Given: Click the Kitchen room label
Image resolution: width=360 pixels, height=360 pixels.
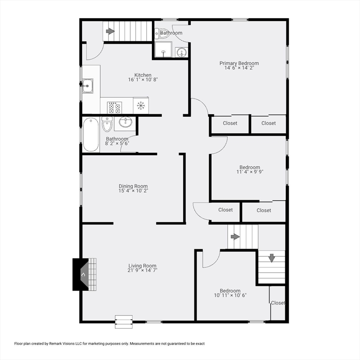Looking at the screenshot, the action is [x=143, y=75].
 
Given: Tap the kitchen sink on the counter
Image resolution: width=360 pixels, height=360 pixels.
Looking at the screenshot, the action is [x=88, y=86].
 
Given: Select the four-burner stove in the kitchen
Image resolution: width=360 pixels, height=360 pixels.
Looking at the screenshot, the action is [x=114, y=108].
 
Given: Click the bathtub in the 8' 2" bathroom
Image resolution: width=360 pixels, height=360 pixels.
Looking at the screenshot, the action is [x=91, y=135].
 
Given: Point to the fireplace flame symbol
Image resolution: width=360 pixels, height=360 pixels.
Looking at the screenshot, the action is [x=83, y=275].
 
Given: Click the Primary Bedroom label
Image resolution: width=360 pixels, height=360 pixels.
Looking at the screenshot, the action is [x=239, y=63].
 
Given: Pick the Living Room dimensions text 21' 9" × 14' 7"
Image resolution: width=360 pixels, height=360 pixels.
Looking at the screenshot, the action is [x=142, y=270].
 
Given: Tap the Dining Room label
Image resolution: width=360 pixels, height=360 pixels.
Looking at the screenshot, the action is [x=133, y=186].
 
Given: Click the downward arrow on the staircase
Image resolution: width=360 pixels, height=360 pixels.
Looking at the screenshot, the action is [x=271, y=258].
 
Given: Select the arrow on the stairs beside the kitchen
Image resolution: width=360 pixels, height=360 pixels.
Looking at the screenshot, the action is [x=110, y=31].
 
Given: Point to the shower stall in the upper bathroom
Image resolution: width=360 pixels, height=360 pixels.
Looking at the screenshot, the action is [x=163, y=49].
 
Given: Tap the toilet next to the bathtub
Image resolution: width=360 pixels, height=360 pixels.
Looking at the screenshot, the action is [x=107, y=124].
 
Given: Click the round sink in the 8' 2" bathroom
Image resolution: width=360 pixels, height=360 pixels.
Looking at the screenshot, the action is [x=125, y=122].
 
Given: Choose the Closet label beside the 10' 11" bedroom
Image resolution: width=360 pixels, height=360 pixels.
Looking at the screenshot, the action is [x=278, y=303].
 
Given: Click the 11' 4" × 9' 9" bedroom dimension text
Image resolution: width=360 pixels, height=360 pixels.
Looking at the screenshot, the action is [x=250, y=172].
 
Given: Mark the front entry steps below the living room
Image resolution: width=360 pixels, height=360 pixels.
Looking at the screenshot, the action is [x=124, y=322].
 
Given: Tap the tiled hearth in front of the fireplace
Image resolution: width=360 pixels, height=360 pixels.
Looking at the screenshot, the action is [x=92, y=275].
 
